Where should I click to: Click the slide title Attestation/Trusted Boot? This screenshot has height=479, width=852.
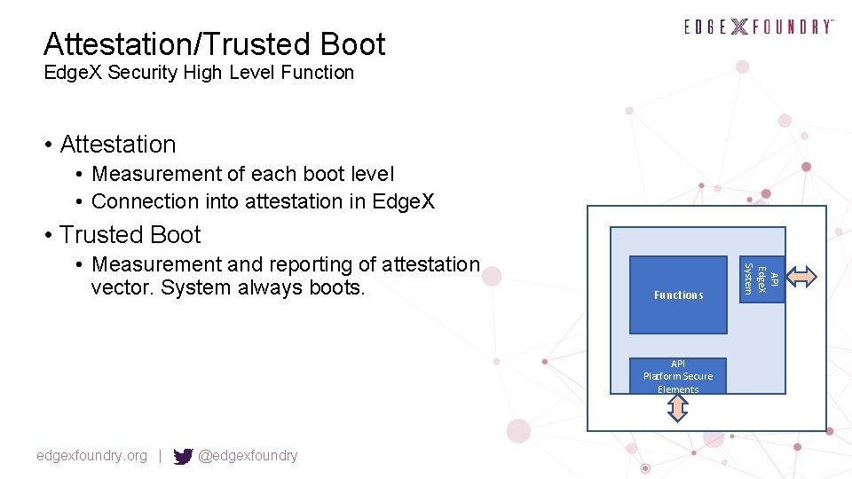(x=214, y=43)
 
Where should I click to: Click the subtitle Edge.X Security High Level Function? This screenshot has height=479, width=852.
(x=199, y=73)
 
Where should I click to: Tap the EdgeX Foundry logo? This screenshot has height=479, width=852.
(x=759, y=27)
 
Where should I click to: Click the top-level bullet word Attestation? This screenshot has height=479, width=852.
(x=118, y=144)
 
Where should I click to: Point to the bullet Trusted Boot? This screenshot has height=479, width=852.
(x=130, y=235)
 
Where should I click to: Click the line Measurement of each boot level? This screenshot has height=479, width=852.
(x=242, y=174)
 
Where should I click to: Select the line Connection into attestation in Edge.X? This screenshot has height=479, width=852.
(x=263, y=201)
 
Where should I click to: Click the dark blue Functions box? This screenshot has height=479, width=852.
(x=678, y=294)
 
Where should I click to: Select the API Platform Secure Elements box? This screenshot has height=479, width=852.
(x=678, y=376)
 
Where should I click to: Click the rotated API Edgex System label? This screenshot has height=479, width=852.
(x=761, y=279)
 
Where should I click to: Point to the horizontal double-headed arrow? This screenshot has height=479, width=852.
(x=802, y=277)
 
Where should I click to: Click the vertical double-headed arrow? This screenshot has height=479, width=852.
(x=677, y=408)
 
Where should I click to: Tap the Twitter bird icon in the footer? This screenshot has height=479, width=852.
(x=183, y=456)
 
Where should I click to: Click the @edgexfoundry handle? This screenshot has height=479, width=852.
(x=248, y=456)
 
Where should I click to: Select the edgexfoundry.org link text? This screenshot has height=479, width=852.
(x=91, y=456)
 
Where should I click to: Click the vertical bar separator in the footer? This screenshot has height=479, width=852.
(x=160, y=456)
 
